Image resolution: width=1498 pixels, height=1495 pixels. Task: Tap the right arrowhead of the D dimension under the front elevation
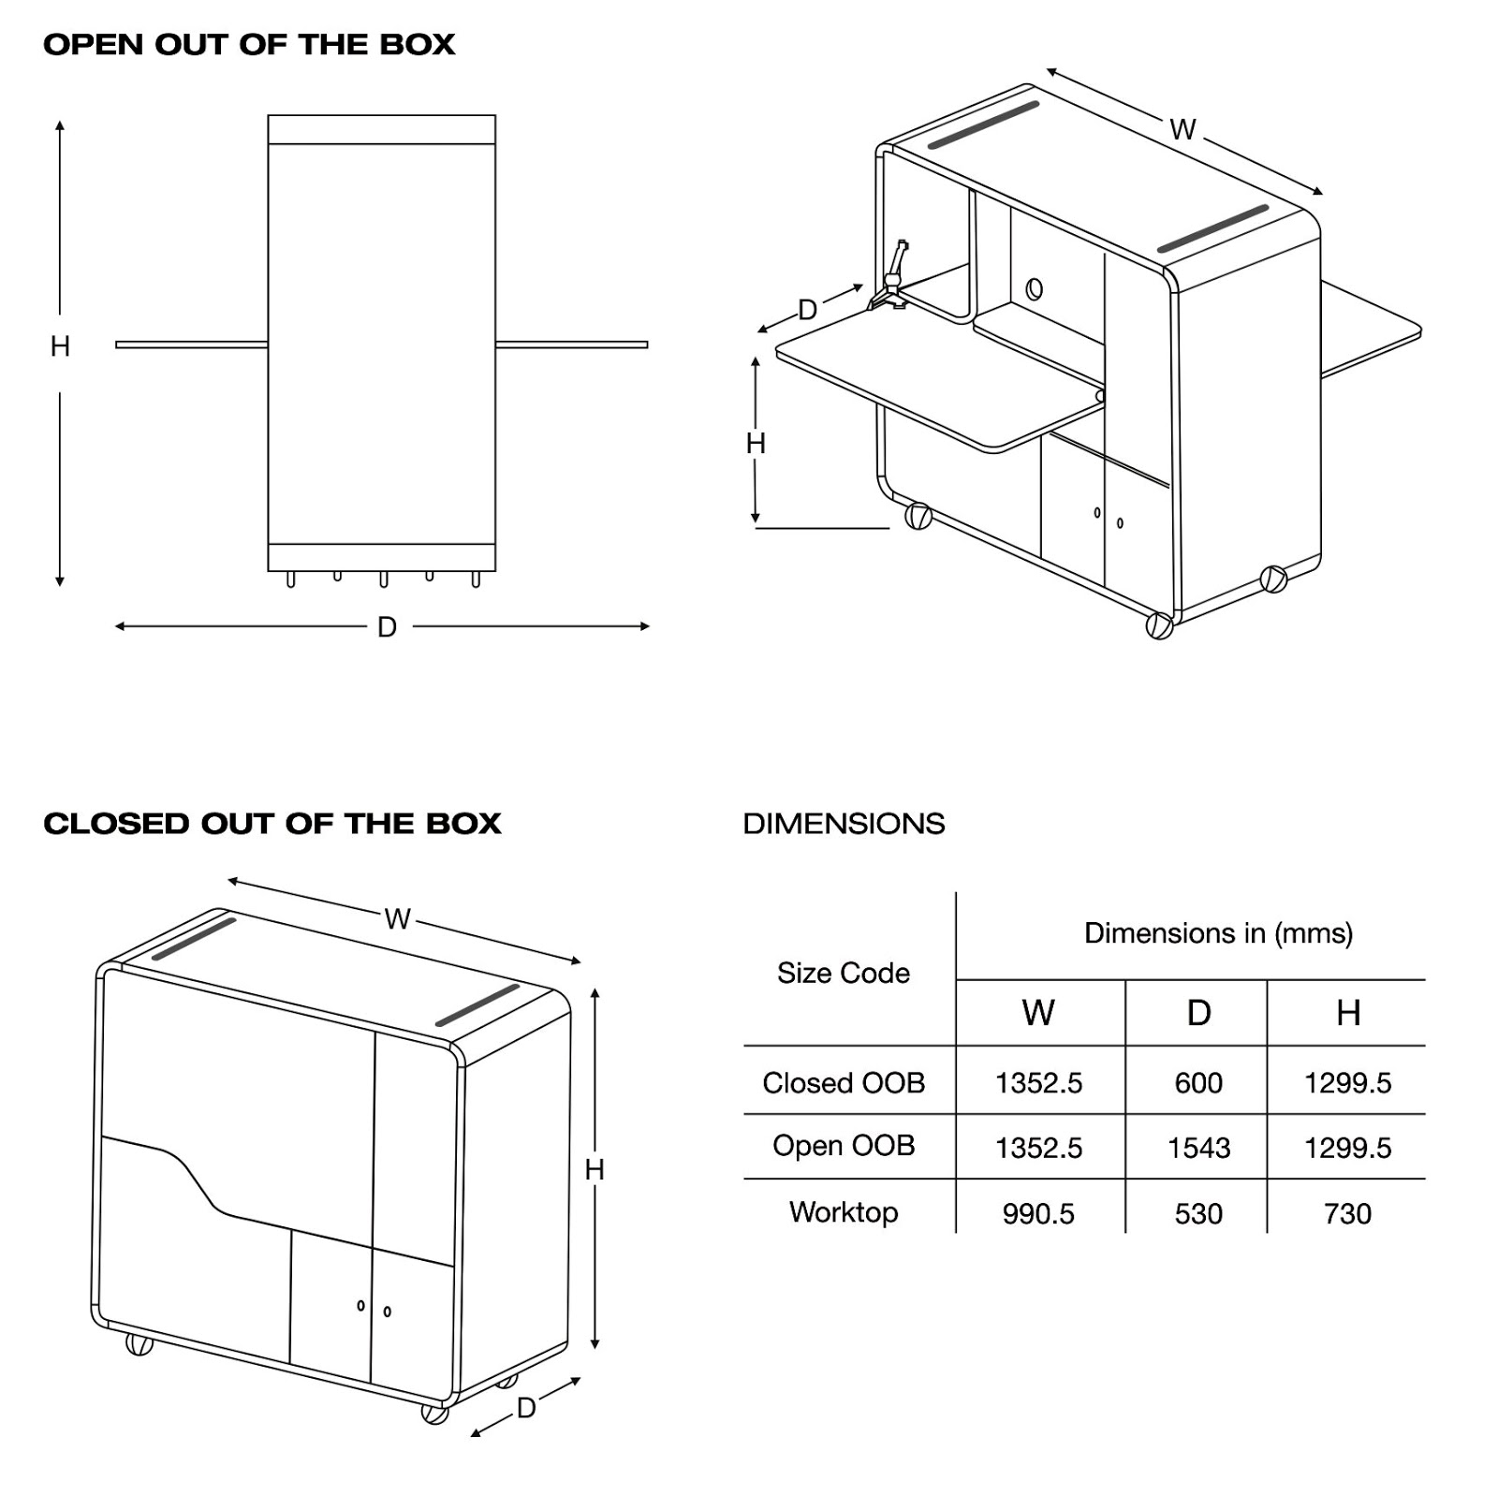pyautogui.click(x=645, y=626)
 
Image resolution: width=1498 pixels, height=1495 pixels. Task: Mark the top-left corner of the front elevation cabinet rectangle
pyautogui.click(x=269, y=116)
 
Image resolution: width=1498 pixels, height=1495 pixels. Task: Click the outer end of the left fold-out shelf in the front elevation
pyautogui.click(x=117, y=344)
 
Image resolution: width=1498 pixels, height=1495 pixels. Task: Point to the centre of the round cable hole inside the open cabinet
pyautogui.click(x=1034, y=288)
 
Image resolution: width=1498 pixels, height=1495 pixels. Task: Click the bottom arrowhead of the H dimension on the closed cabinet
pyautogui.click(x=595, y=1343)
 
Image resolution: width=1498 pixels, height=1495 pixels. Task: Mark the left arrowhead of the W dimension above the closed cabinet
pyautogui.click(x=233, y=881)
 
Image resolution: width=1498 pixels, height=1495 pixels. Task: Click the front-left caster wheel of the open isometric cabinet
pyautogui.click(x=918, y=516)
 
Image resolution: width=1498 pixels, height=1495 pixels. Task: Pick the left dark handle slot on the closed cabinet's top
pyautogui.click(x=195, y=938)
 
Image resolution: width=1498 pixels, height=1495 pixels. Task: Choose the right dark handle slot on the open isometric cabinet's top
pyautogui.click(x=1213, y=228)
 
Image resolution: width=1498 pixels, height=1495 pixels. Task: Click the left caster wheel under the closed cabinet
pyautogui.click(x=140, y=1344)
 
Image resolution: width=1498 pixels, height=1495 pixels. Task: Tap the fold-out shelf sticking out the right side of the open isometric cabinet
pyautogui.click(x=1370, y=327)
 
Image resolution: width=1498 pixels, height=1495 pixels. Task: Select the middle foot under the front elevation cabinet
pyautogui.click(x=383, y=579)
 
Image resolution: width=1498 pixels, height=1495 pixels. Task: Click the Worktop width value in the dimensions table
pyautogui.click(x=1038, y=1213)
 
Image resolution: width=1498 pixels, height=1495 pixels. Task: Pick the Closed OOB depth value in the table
pyautogui.click(x=1198, y=1083)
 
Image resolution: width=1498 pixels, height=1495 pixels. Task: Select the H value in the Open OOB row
pyautogui.click(x=1347, y=1148)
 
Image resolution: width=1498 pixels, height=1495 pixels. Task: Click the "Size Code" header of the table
pyautogui.click(x=844, y=974)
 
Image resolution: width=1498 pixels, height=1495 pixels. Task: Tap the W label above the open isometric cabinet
pyautogui.click(x=1183, y=129)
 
